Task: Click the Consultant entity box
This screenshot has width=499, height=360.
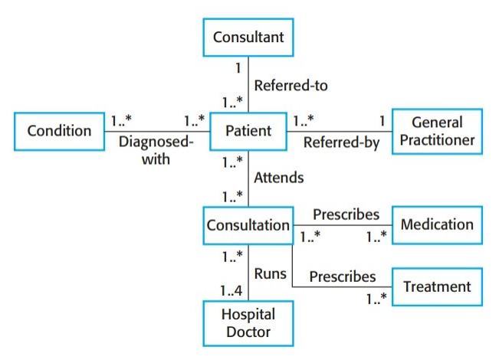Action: pyautogui.click(x=248, y=36)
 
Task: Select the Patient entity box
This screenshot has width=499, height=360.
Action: pyautogui.click(x=248, y=131)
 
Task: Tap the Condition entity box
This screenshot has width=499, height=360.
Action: pyautogui.click(x=60, y=131)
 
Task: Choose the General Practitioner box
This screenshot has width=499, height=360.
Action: pyautogui.click(x=437, y=131)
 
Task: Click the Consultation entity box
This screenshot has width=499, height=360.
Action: pyautogui.click(x=248, y=225)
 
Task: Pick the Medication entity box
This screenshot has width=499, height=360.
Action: pyautogui.click(x=437, y=225)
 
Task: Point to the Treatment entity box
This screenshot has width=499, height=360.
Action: pyautogui.click(x=437, y=286)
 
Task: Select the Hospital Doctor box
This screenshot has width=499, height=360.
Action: pyautogui.click(x=248, y=322)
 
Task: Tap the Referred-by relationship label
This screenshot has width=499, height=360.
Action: pyautogui.click(x=341, y=142)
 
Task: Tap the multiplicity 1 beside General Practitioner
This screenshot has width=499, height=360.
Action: pyautogui.click(x=380, y=120)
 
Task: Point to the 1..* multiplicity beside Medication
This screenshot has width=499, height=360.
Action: pyautogui.click(x=376, y=237)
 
